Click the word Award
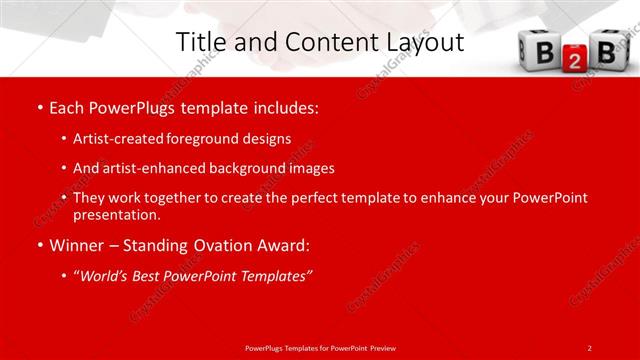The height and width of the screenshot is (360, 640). coord(283,245)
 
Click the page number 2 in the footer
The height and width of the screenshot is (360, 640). coord(589,347)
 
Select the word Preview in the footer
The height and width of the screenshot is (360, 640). coord(380,347)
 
